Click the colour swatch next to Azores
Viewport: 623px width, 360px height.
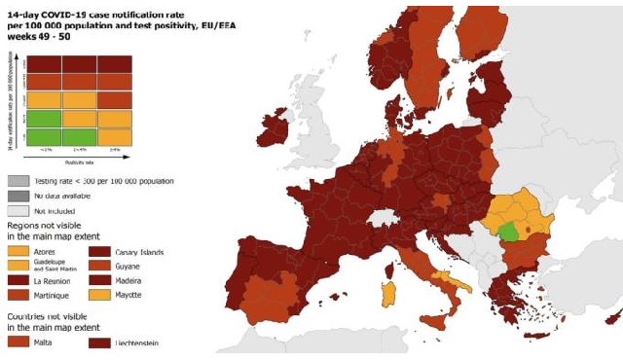coord(18,252)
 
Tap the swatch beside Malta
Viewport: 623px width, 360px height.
coord(18,342)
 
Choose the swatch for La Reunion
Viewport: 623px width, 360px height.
coord(18,280)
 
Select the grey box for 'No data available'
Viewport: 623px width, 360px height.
coord(18,196)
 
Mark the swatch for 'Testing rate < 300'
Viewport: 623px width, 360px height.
coord(18,181)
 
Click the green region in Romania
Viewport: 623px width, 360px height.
coord(507,232)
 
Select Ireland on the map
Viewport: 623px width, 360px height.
coord(275,131)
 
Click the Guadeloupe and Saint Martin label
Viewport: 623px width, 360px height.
coord(59,266)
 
